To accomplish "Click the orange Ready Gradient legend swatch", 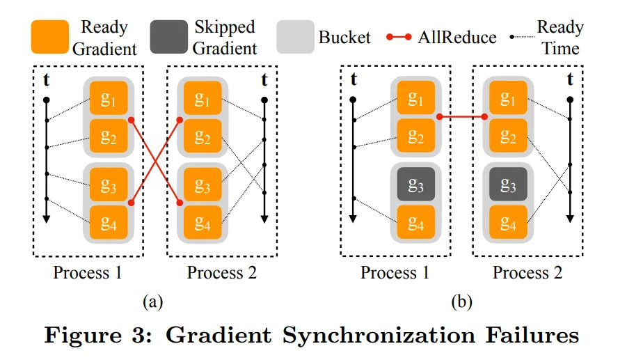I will click(50, 37).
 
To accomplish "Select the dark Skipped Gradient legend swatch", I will click(168, 37).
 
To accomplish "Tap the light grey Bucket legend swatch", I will click(295, 37).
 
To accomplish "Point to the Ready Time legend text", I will click(560, 38).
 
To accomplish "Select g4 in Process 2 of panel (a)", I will click(203, 222).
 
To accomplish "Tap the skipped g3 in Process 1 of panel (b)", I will click(415, 185).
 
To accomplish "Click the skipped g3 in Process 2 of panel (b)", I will click(509, 185).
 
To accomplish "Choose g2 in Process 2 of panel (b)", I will click(509, 136).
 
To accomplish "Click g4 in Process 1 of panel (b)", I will click(415, 222).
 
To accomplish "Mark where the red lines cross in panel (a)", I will click(155, 160).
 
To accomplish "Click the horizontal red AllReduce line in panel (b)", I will click(462, 117).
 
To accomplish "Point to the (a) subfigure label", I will click(152, 301).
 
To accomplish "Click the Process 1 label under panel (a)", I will click(88, 273).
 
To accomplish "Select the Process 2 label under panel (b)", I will click(527, 273).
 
